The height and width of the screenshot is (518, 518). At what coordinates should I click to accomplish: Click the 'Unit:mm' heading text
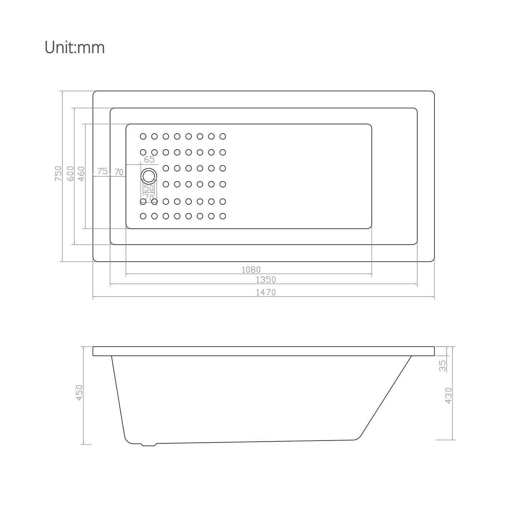click(75, 47)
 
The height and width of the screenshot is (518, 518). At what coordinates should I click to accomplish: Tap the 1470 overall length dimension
click(266, 292)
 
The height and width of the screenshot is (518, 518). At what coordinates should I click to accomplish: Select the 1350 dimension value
click(266, 280)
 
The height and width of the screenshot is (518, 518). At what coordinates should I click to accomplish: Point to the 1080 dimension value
click(251, 269)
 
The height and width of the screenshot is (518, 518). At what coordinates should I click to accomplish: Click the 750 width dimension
click(58, 174)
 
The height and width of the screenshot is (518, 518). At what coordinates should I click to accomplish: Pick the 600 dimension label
click(70, 174)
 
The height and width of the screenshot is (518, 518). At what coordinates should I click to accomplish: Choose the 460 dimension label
click(81, 174)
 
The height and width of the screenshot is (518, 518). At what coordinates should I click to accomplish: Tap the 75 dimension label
click(102, 171)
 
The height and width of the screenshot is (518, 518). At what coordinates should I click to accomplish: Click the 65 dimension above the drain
click(149, 160)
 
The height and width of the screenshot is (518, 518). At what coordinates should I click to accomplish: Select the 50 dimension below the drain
click(149, 188)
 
